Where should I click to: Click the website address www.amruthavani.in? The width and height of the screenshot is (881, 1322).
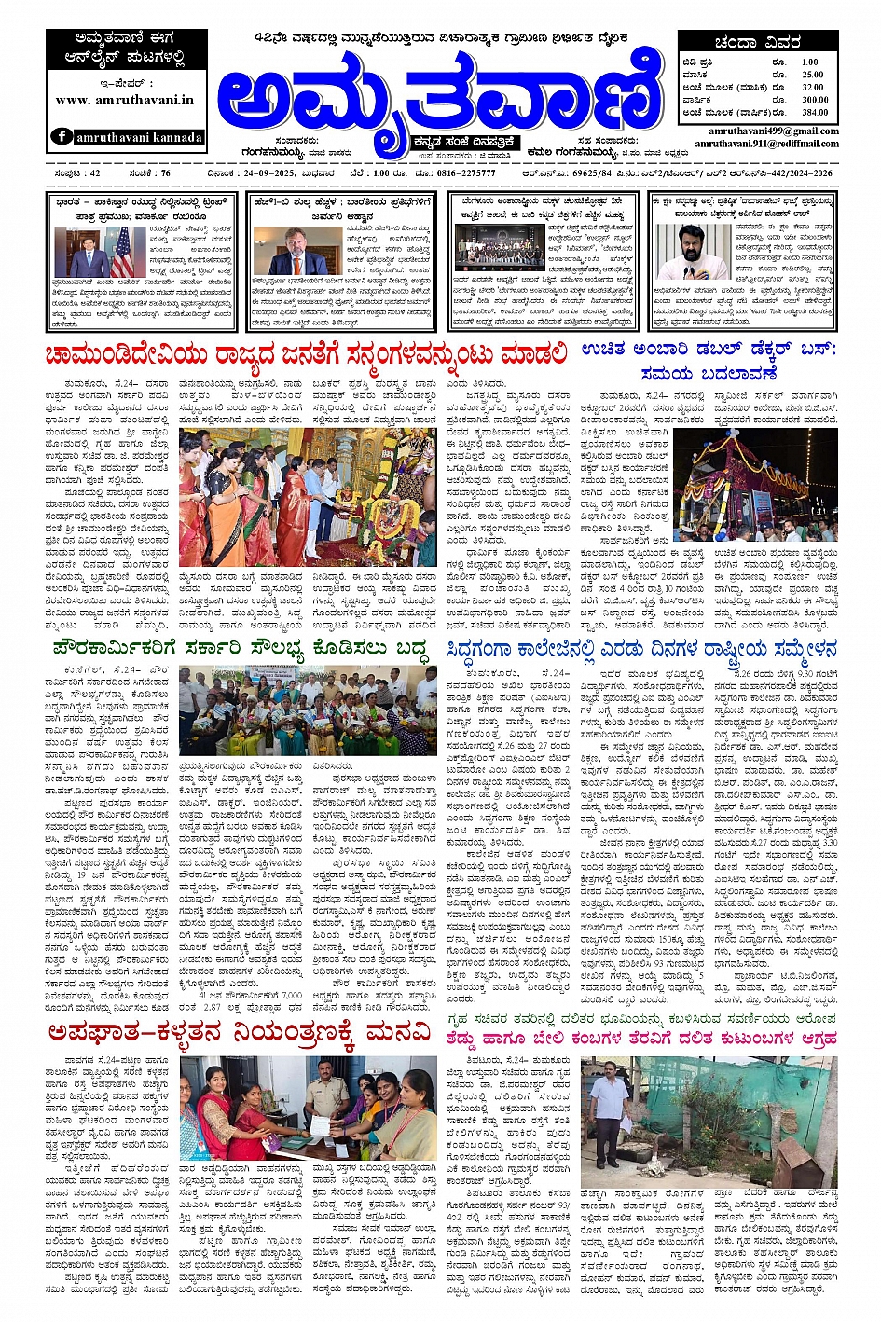(x=125, y=100)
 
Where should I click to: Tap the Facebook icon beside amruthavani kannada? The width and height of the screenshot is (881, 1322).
(x=62, y=136)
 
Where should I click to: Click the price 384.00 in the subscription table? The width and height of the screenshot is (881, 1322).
(x=814, y=112)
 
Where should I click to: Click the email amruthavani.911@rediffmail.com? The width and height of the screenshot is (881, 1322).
(x=766, y=144)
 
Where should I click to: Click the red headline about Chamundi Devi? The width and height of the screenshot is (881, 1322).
(x=306, y=354)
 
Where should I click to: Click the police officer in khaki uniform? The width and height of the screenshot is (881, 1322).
(x=326, y=1095)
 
